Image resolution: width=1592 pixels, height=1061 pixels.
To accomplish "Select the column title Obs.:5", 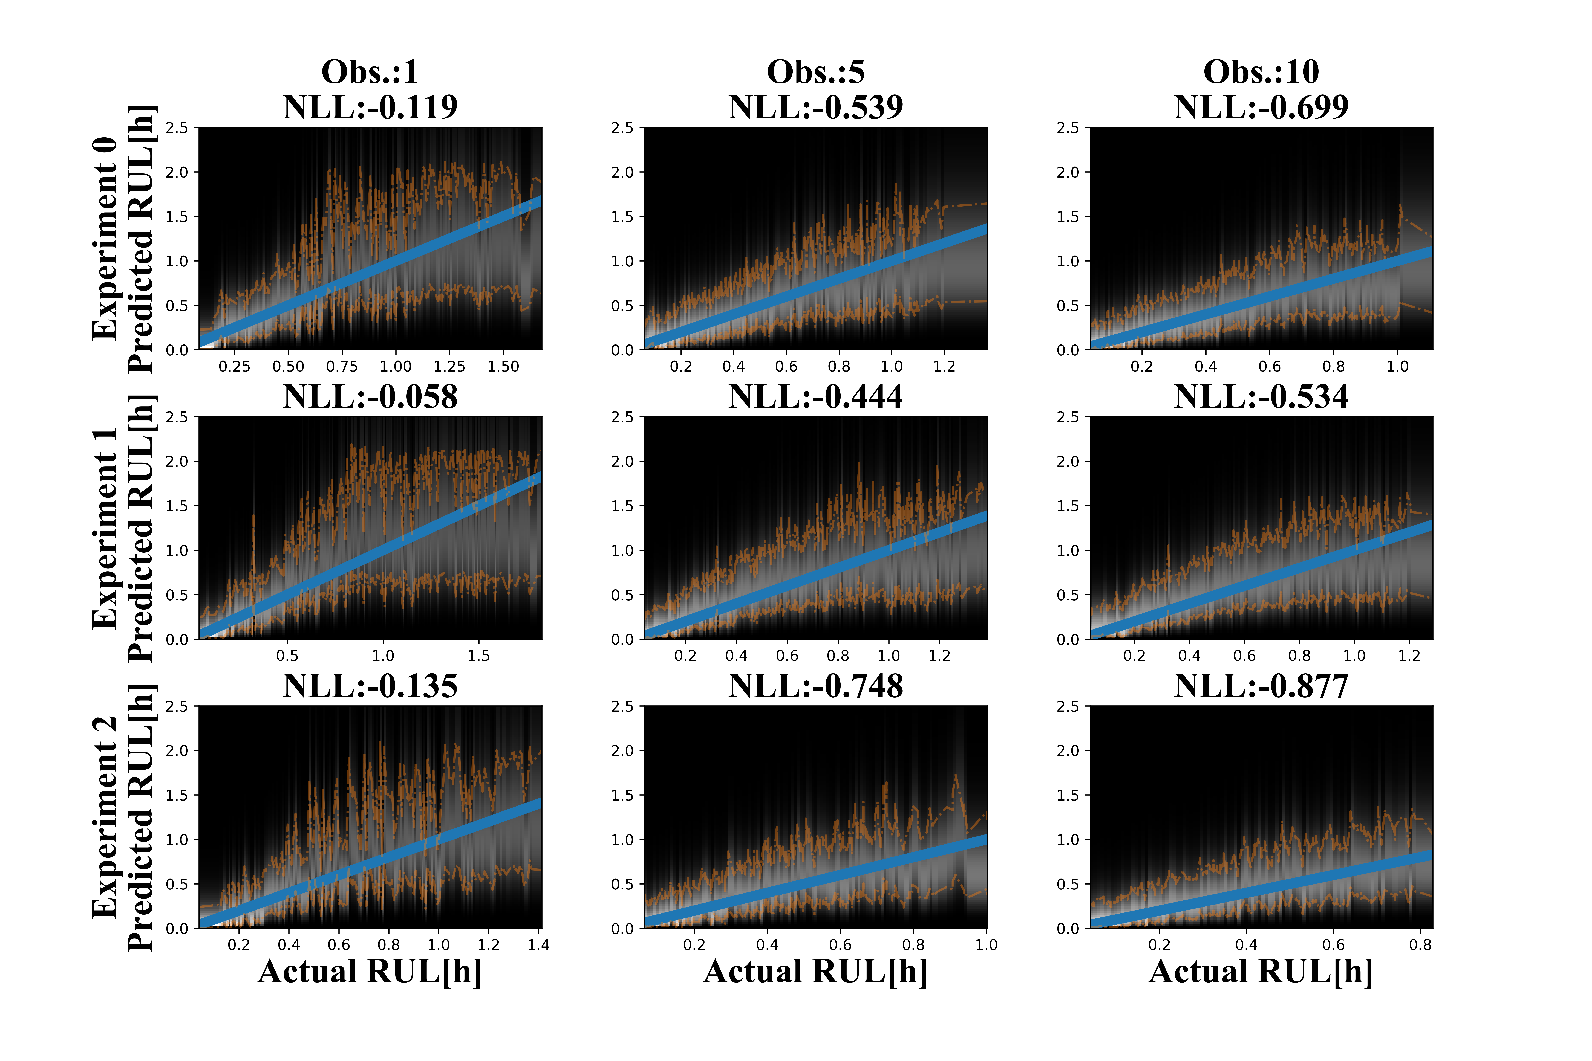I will pos(816,72).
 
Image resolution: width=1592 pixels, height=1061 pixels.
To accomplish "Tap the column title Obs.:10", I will pos(1261,72).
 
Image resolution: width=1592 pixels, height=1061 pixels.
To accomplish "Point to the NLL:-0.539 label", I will pos(816,107).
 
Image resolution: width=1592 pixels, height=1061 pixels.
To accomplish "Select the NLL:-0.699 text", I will pos(1261,107).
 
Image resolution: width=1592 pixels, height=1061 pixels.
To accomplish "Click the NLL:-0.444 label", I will pos(816,396).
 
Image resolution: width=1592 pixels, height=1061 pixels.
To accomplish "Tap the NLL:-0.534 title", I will pos(1261,396).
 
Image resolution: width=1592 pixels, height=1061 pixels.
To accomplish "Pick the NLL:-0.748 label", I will pos(816,686).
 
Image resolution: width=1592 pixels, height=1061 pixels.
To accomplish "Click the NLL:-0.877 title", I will pos(1261,686).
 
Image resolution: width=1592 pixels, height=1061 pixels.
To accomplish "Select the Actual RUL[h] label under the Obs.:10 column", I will pos(1261,972).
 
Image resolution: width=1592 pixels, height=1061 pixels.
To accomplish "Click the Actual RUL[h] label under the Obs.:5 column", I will pos(816,972).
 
